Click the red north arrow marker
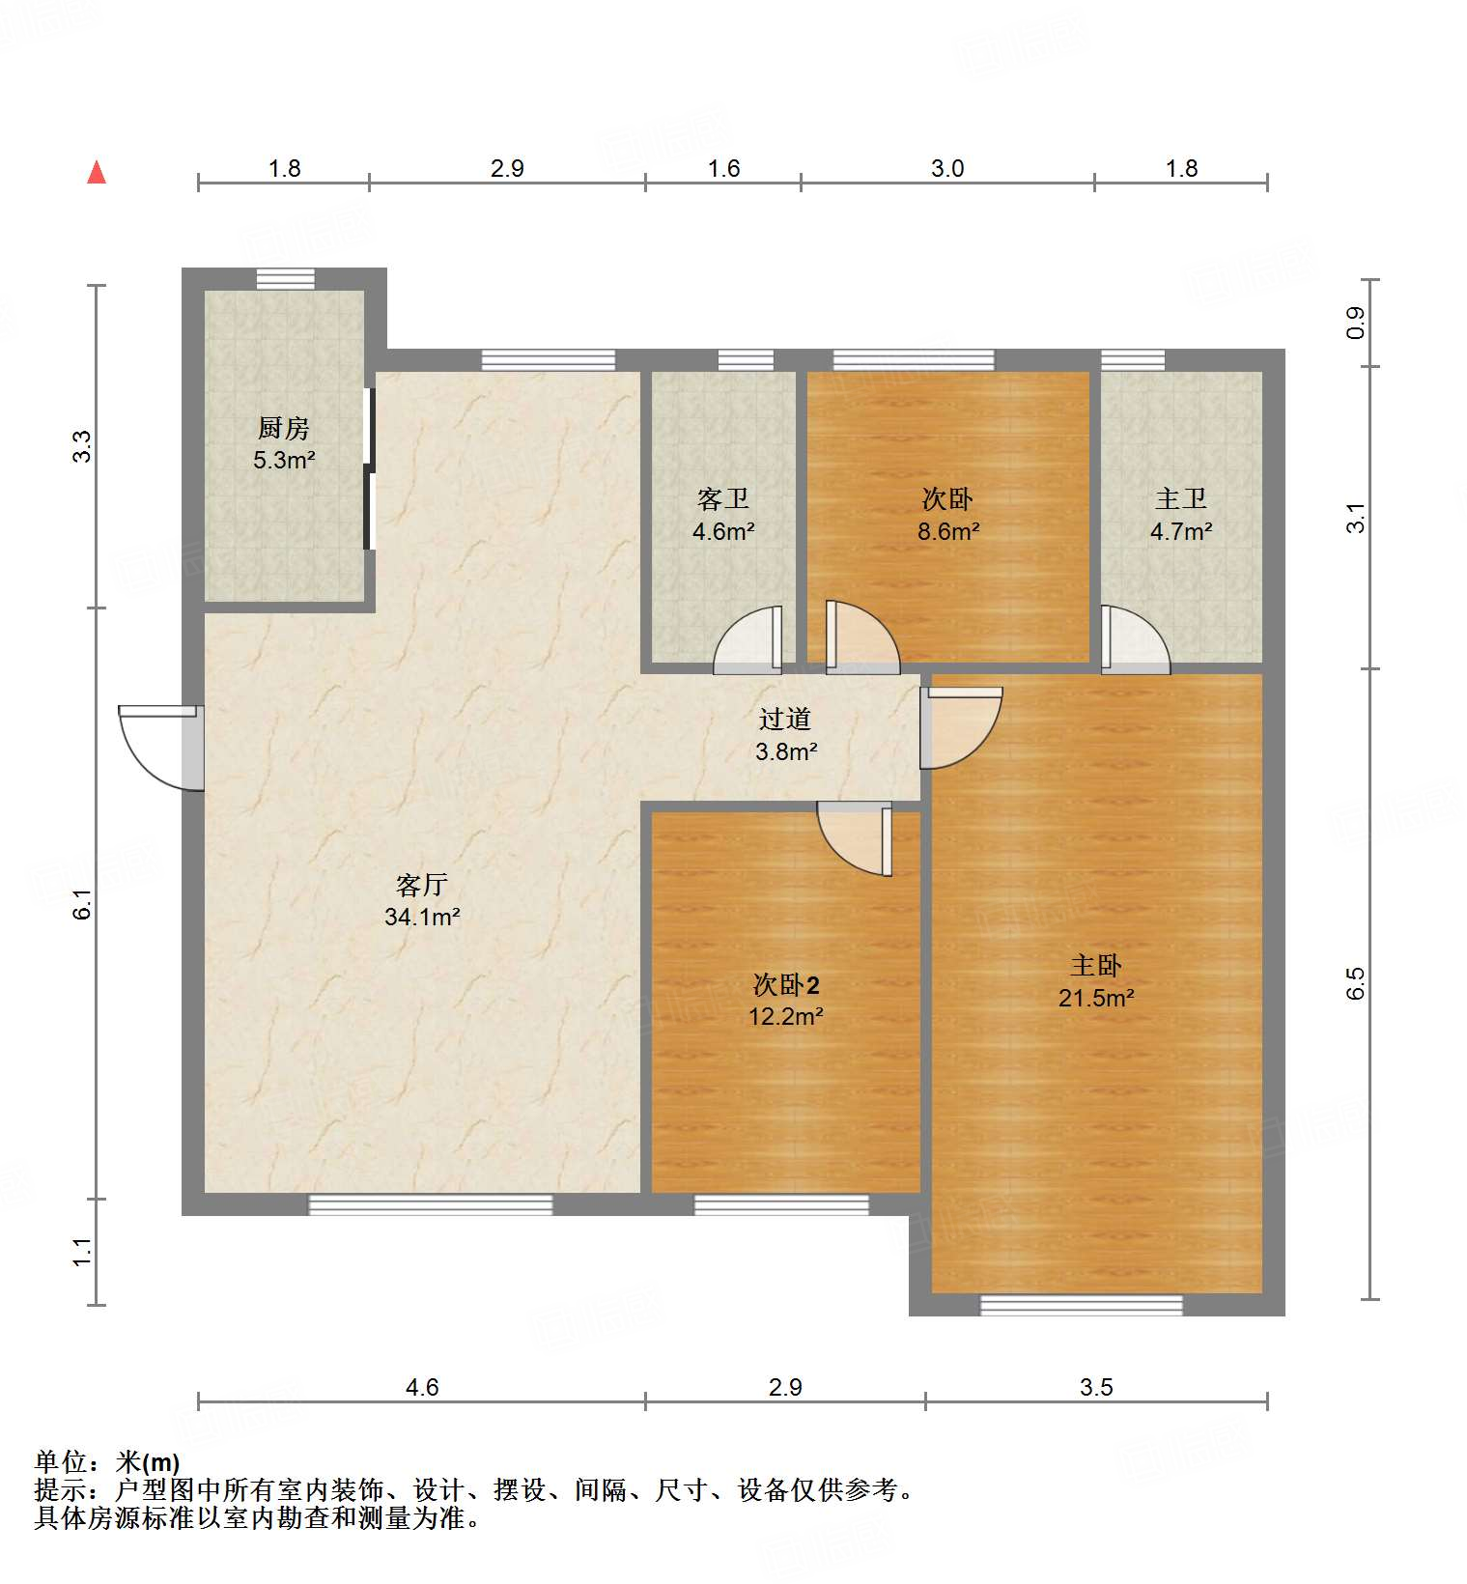(97, 173)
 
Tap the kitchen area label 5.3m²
(284, 461)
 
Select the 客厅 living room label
(422, 885)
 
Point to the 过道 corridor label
(784, 720)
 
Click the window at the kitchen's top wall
(285, 279)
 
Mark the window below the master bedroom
(1081, 1305)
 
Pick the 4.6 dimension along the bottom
(421, 1387)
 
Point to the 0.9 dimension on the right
(1356, 322)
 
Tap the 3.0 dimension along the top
(946, 169)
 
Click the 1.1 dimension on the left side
(83, 1252)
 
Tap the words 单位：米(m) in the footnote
(107, 1462)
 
